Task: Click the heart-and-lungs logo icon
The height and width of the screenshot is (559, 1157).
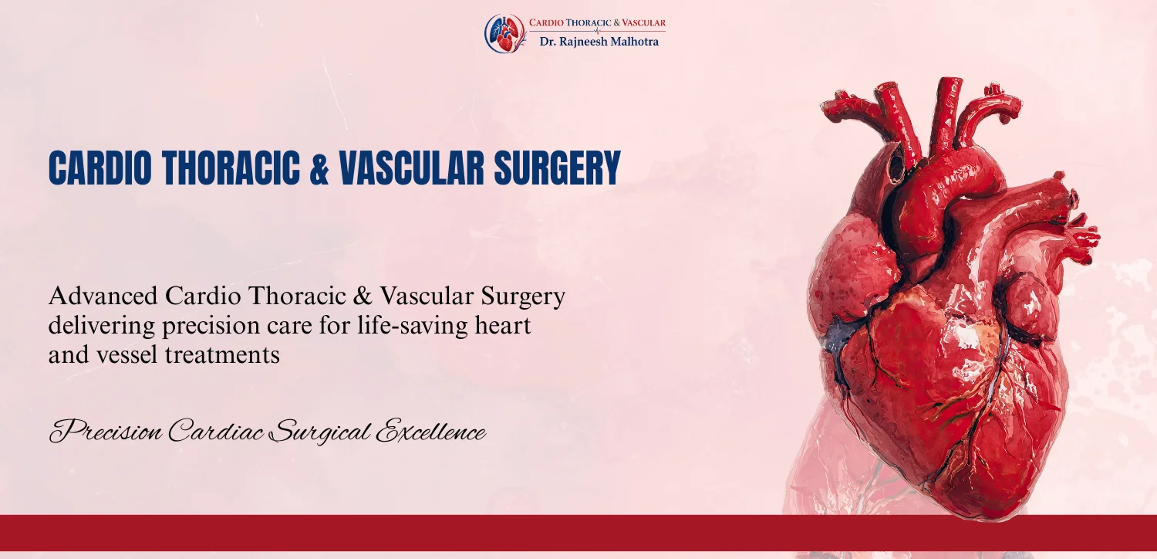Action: tap(504, 33)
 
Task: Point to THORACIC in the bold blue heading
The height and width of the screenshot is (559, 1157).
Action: tap(231, 168)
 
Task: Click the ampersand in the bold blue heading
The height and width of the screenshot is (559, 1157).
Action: tap(319, 168)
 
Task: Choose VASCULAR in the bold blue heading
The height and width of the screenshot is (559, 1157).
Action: tap(412, 168)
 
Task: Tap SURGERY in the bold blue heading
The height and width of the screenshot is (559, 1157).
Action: tap(558, 168)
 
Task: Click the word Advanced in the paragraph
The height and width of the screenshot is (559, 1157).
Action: tap(103, 296)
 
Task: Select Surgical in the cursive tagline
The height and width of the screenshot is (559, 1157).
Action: tap(322, 433)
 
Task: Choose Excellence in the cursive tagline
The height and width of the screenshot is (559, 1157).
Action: tap(430, 432)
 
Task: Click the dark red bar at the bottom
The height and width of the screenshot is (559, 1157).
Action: tap(578, 533)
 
